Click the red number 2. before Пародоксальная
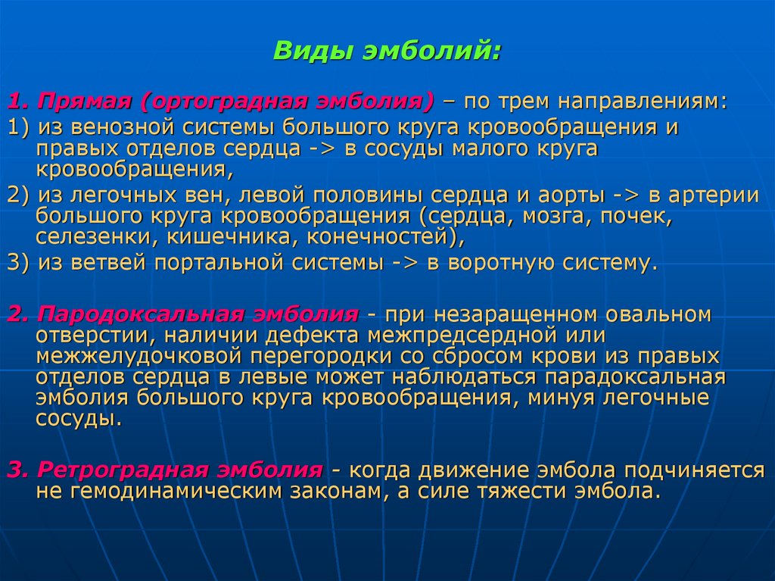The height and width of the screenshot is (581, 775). pyautogui.click(x=17, y=314)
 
